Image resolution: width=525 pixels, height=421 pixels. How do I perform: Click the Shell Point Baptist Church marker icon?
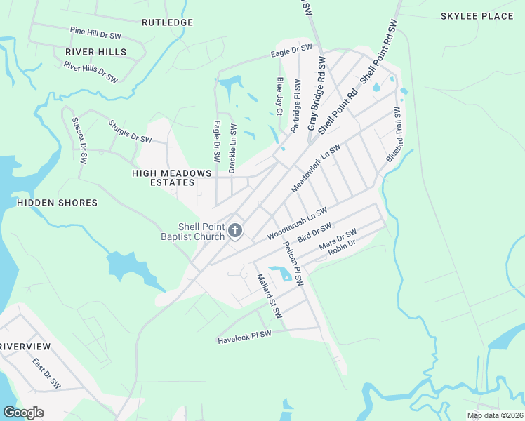tap(235, 230)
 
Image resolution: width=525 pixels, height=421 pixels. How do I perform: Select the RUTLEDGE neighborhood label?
tap(167, 22)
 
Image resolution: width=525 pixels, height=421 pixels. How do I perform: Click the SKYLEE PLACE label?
tap(477, 16)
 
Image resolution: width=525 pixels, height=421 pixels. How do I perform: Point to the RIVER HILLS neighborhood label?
tap(96, 52)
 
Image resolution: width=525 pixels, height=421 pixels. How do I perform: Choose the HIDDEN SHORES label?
tap(57, 203)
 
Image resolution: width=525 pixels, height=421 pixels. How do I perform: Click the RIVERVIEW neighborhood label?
tap(26, 347)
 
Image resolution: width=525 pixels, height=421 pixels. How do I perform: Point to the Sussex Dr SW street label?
tap(79, 140)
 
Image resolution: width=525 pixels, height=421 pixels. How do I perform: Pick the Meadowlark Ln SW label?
tap(315, 169)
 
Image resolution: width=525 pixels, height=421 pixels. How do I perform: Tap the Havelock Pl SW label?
tap(244, 337)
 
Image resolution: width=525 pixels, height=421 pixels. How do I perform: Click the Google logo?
tap(23, 412)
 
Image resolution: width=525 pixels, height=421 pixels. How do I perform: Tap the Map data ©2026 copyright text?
tap(496, 415)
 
